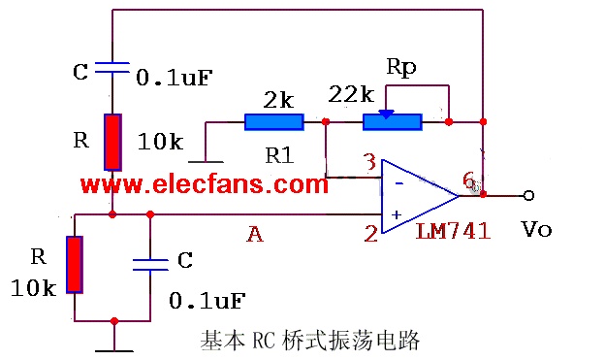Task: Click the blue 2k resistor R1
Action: (x=274, y=122)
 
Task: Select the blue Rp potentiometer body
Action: (x=393, y=122)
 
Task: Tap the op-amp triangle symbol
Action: (x=420, y=196)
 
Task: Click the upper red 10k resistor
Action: (x=112, y=142)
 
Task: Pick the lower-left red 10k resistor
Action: (x=75, y=265)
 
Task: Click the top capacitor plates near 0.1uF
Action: (x=112, y=68)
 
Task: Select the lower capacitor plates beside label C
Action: (x=150, y=265)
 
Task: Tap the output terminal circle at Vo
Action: (x=528, y=196)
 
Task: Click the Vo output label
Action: (x=536, y=229)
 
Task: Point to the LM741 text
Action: (x=453, y=231)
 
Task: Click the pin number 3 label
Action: (x=370, y=162)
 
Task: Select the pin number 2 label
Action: (x=370, y=233)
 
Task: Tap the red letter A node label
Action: (x=255, y=234)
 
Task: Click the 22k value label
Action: (x=351, y=94)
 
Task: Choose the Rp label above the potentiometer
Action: (x=401, y=68)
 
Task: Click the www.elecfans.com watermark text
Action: (x=205, y=184)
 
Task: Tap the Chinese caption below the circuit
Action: (x=310, y=341)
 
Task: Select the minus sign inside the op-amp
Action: (x=399, y=183)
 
